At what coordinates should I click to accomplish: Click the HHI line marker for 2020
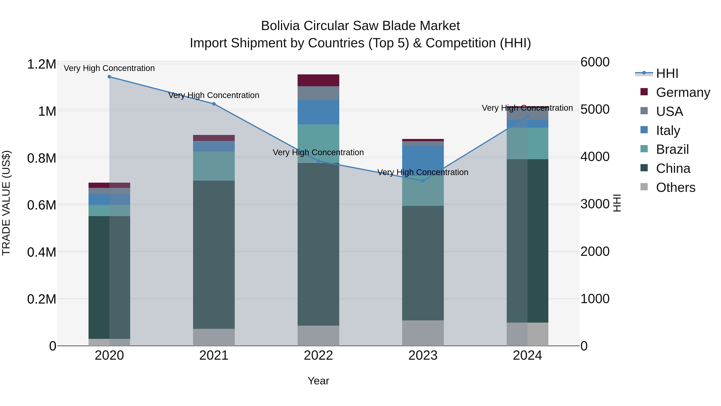click(x=109, y=77)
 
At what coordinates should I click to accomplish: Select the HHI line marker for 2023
click(x=423, y=181)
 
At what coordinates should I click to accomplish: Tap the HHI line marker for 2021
click(x=214, y=104)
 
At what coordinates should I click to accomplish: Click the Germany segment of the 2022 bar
click(x=318, y=80)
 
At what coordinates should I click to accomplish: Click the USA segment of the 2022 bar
click(x=318, y=93)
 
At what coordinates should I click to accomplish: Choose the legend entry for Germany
click(x=683, y=92)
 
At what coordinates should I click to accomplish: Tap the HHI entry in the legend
click(x=667, y=73)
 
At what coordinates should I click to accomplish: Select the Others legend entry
click(x=675, y=187)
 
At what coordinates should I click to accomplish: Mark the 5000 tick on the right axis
click(x=595, y=109)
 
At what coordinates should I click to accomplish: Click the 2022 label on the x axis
click(x=318, y=355)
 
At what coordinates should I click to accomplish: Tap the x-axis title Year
click(x=318, y=381)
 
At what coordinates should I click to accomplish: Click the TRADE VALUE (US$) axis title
click(x=6, y=203)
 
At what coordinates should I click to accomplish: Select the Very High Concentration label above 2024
click(x=527, y=108)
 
